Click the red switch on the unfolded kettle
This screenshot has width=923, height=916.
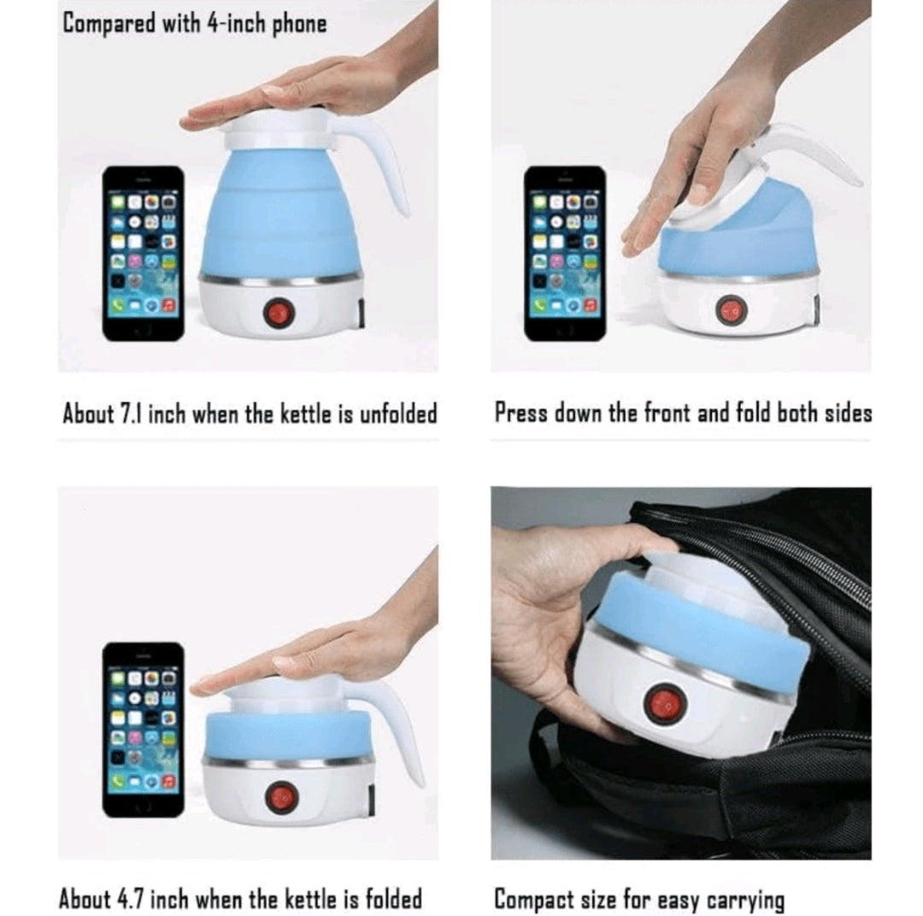point(279,313)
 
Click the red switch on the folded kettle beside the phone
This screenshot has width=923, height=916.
point(282,797)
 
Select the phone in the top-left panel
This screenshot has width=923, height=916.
point(143,253)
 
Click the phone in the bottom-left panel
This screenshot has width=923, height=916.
point(143,729)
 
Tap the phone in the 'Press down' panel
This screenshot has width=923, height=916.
point(565,253)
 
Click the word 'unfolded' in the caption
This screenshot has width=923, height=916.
point(397,415)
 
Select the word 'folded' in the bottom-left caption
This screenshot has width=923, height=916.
point(391,899)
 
